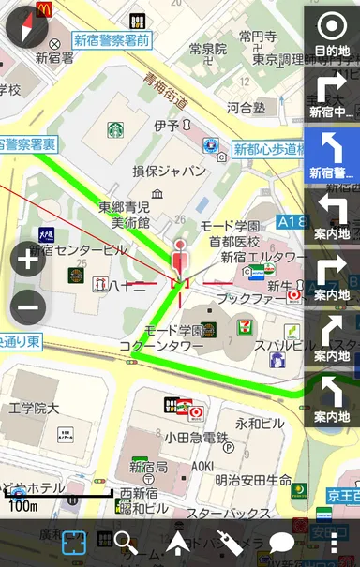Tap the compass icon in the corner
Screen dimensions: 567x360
click(x=26, y=27)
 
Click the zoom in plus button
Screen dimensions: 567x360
click(x=28, y=260)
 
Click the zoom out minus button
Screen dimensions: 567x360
click(x=28, y=306)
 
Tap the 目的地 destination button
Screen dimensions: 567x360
click(x=332, y=35)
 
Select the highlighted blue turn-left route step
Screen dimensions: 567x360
click(x=332, y=155)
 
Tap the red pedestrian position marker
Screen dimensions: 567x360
click(x=182, y=259)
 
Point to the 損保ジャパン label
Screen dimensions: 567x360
click(x=169, y=172)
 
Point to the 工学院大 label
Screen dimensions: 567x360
click(x=34, y=409)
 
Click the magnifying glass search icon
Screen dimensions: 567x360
click(x=126, y=543)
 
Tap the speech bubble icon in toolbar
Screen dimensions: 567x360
click(x=282, y=544)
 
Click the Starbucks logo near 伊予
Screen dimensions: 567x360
click(x=114, y=130)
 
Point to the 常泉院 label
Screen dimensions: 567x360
click(x=208, y=48)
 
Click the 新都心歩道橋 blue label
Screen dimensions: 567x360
click(x=267, y=149)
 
